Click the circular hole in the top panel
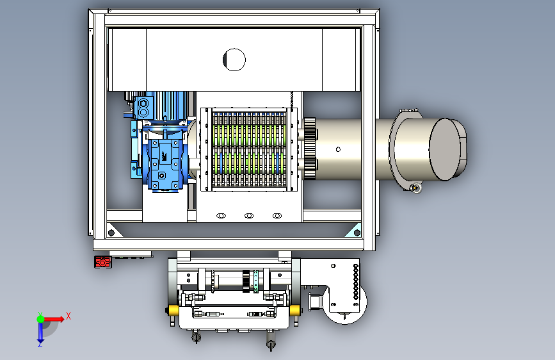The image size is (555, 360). pos(234,60)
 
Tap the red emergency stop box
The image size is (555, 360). pos(102,262)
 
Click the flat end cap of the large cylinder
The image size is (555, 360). pos(446,149)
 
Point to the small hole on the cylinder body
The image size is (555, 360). pos(338,149)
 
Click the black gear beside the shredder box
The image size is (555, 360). pos(310,148)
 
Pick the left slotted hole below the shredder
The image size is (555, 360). pos(221,216)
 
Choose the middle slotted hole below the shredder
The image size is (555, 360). pos(249,216)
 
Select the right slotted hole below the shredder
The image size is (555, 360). pos(277,216)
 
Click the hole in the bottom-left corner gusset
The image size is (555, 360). pos(111,233)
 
